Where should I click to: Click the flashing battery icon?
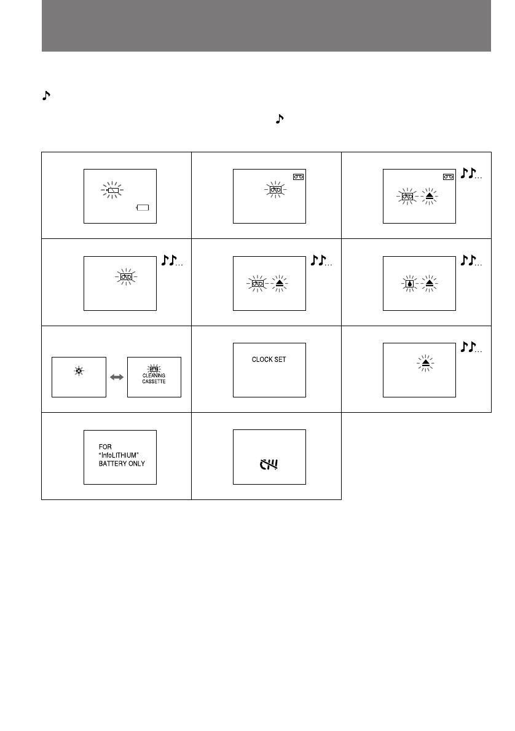click(112, 190)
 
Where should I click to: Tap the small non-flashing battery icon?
click(143, 209)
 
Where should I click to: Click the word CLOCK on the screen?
click(262, 359)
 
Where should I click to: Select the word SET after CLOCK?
click(280, 359)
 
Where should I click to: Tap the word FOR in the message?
click(104, 447)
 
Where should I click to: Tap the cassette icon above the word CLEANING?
click(154, 369)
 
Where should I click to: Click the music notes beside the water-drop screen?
click(471, 261)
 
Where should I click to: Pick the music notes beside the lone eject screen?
click(471, 348)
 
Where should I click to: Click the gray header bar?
click(266, 26)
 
